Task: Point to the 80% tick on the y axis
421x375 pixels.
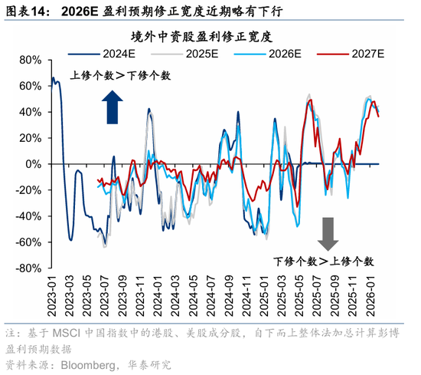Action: [29, 60]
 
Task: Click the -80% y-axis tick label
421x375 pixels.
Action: [27, 268]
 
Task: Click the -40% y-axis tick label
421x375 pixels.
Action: [27, 216]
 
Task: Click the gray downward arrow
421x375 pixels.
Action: [328, 233]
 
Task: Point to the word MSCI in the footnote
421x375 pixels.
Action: [70, 334]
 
